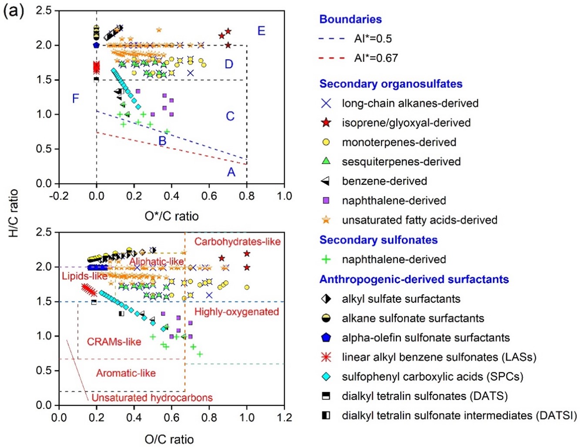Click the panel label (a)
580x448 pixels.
tap(13, 10)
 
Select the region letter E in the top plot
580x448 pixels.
tap(261, 31)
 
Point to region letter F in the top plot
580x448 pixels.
tap(75, 98)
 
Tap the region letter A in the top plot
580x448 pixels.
tap(231, 173)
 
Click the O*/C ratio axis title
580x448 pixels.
tap(171, 216)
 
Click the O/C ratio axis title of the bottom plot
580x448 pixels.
tap(169, 439)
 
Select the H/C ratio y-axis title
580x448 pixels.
tap(14, 213)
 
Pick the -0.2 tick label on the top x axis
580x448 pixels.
tap(59, 196)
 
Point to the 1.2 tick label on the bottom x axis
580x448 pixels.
tap(284, 417)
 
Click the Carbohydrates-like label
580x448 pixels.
tap(237, 241)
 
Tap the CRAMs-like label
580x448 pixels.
tap(114, 342)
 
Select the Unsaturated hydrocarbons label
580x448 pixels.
tap(152, 397)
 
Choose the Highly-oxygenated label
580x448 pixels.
tap(236, 312)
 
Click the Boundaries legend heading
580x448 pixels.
tap(350, 19)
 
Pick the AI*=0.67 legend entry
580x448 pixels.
tap(375, 58)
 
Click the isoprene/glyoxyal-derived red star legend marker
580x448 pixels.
tap(325, 122)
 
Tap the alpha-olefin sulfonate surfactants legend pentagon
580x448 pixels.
tap(325, 337)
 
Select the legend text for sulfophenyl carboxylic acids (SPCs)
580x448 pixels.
tap(432, 377)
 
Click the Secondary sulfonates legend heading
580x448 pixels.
tap(378, 240)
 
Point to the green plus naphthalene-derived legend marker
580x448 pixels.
tap(325, 259)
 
